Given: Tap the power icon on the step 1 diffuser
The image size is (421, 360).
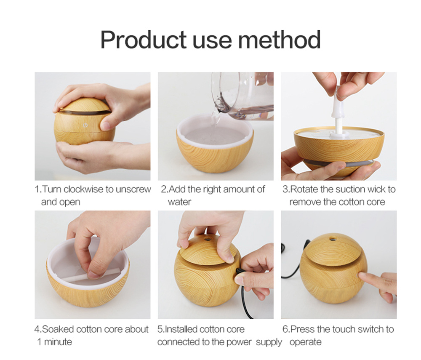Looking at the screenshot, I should coord(85,125).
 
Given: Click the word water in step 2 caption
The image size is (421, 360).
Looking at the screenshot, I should coord(179,202).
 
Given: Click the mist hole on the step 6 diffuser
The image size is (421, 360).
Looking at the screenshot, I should coord(333,238).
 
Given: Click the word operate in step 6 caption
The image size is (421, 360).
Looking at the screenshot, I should coord(305,341).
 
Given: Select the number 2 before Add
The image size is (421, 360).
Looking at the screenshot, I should coord(163,189).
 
